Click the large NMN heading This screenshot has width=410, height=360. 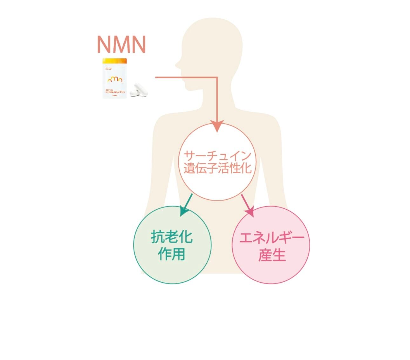coord(121,44)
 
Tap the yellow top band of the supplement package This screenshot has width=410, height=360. coord(114,61)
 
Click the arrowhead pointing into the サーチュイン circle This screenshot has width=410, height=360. coord(217,126)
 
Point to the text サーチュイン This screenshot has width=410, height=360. coord(217,156)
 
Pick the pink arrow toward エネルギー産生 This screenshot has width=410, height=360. coord(248,205)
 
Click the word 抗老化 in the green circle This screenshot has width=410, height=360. coord(172,237)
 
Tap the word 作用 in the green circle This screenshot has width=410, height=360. coord(172,254)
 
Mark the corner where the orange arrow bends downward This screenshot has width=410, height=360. coord(217,77)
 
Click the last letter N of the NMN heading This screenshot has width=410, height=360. coord(138,44)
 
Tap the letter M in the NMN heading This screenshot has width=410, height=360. coord(121,44)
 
